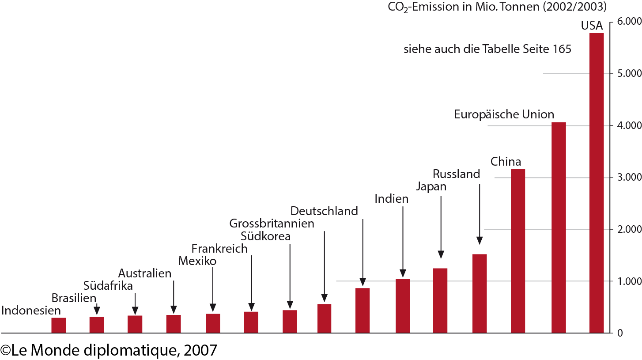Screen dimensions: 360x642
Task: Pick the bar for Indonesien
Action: click(58, 325)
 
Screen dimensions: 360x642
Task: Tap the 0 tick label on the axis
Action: click(619, 333)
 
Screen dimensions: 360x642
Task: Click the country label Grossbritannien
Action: click(272, 224)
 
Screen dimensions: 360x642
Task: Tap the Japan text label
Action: click(431, 186)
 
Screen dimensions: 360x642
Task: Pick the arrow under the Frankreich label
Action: click(251, 283)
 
